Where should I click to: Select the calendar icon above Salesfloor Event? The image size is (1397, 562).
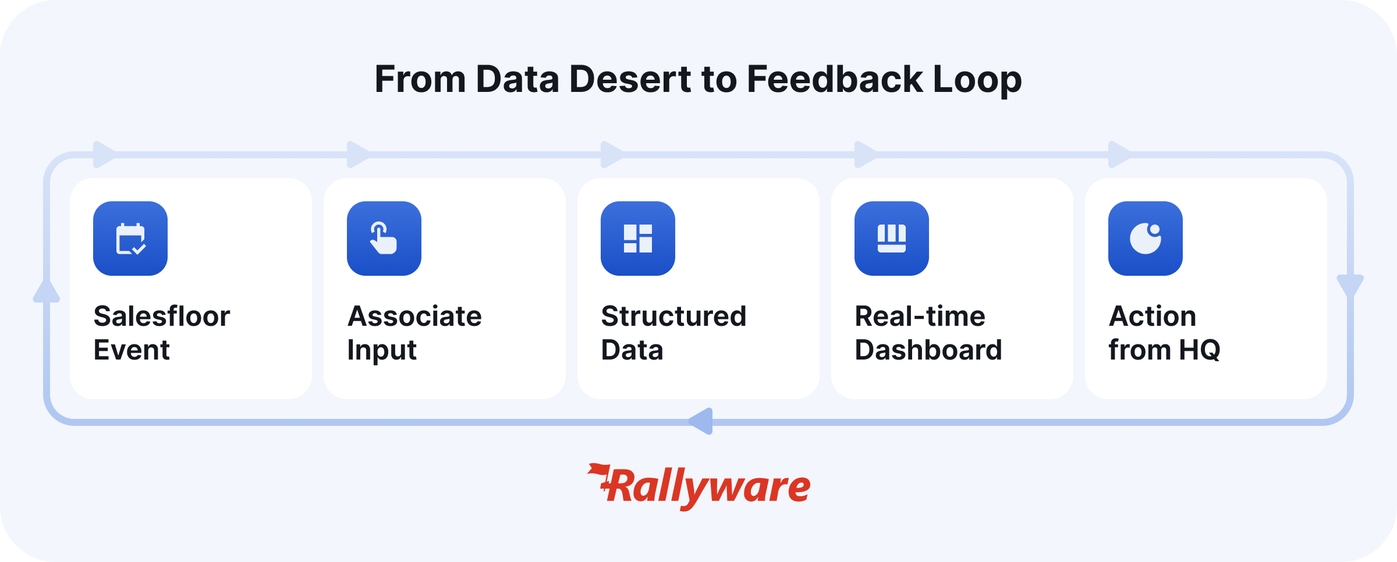pyautogui.click(x=130, y=239)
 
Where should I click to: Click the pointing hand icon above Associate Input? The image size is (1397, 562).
pyautogui.click(x=384, y=239)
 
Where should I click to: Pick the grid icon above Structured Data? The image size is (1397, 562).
pyautogui.click(x=638, y=239)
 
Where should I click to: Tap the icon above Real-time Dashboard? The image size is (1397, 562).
pyautogui.click(x=892, y=239)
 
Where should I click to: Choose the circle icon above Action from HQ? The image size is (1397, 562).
pyautogui.click(x=1146, y=239)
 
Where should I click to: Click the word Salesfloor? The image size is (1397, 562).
pyautogui.click(x=162, y=316)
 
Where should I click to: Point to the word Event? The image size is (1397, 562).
pyautogui.click(x=132, y=350)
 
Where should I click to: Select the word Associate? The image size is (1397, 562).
pyautogui.click(x=414, y=316)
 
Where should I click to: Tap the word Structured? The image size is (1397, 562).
pyautogui.click(x=673, y=316)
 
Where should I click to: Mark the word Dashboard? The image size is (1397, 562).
pyautogui.click(x=928, y=350)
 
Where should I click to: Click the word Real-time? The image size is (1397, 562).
pyautogui.click(x=920, y=316)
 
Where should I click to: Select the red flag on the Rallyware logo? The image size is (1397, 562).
pyautogui.click(x=598, y=471)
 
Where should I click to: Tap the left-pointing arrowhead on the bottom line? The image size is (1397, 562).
pyautogui.click(x=700, y=421)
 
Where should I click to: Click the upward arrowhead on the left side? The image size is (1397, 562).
pyautogui.click(x=47, y=291)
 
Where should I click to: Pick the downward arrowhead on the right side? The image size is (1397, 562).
pyautogui.click(x=1350, y=286)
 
